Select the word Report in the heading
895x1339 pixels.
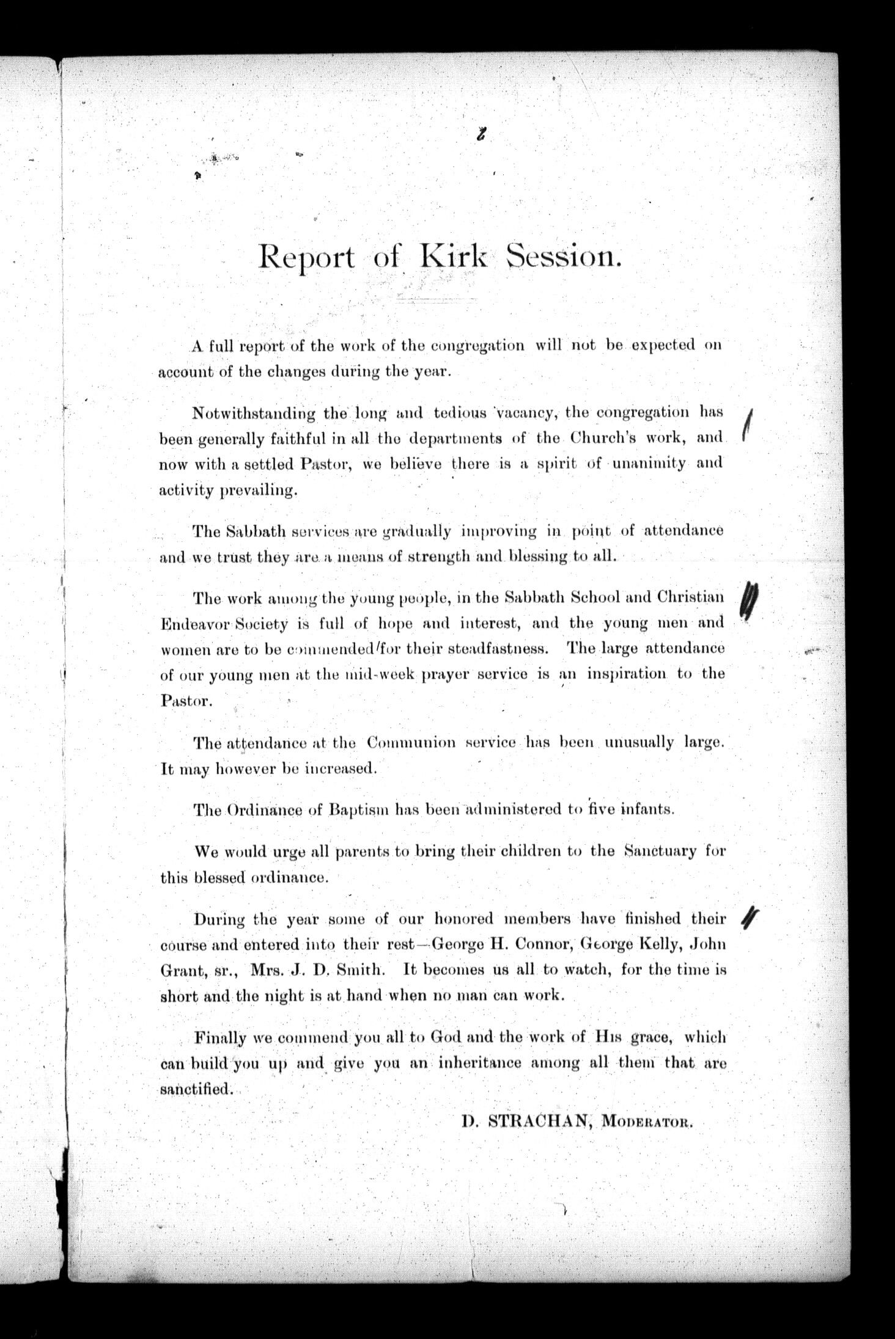(x=306, y=259)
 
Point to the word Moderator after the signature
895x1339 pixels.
(x=647, y=1122)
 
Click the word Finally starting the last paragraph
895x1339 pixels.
(x=219, y=1037)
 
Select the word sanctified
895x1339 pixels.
(x=196, y=1089)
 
